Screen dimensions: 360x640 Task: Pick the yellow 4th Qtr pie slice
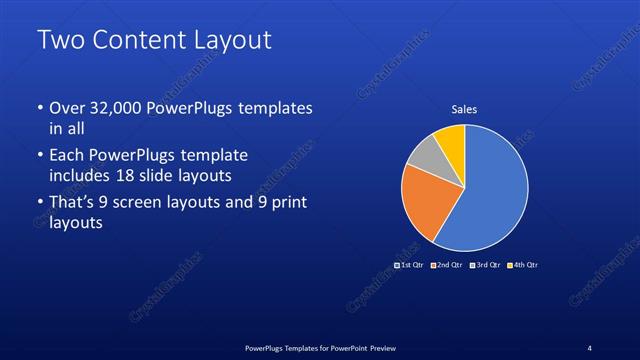tap(451, 140)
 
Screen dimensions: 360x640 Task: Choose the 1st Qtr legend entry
tap(410, 265)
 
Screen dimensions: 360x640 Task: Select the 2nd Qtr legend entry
tap(447, 265)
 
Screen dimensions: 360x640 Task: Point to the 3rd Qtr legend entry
tap(485, 265)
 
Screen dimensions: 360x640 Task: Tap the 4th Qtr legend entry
tap(523, 265)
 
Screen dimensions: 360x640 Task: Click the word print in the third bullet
tap(288, 203)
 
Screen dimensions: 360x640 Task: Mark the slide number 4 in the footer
tap(589, 347)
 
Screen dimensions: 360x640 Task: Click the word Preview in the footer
tap(384, 347)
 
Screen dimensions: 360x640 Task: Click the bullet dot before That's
tap(40, 203)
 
